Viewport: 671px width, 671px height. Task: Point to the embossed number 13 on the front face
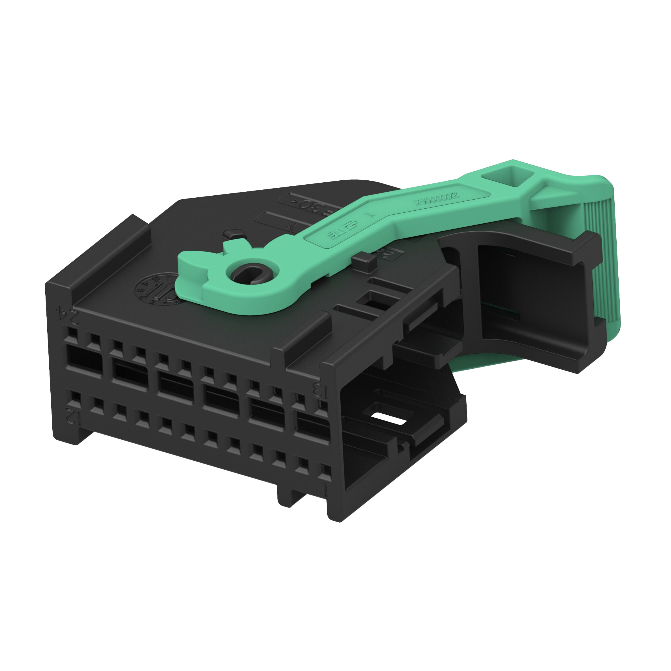pos(319,390)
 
